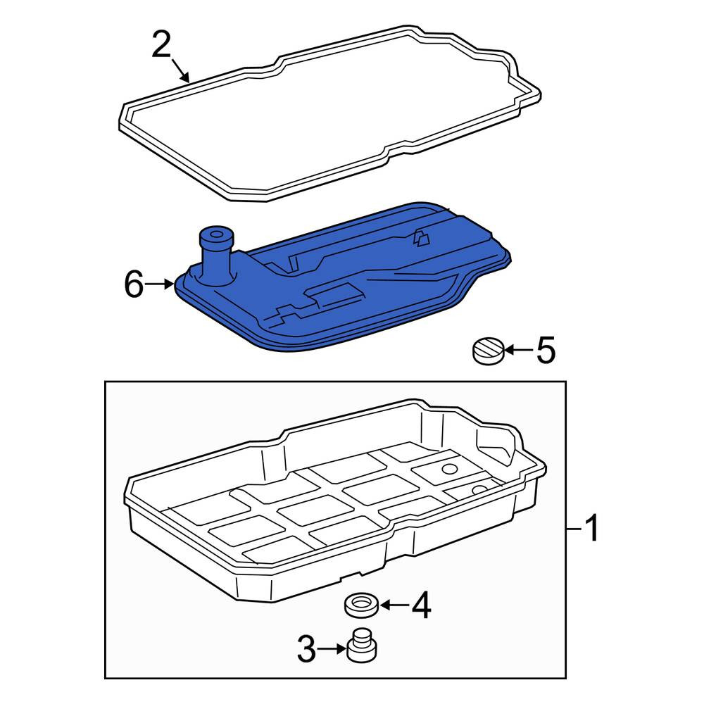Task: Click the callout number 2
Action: [162, 45]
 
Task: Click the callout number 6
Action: [134, 284]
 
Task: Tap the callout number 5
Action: [546, 350]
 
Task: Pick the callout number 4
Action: [421, 605]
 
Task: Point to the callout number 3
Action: [307, 648]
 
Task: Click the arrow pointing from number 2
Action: [181, 71]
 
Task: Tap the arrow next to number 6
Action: [160, 284]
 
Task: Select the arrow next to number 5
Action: [519, 349]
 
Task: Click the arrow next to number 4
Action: [394, 605]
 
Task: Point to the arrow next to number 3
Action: [333, 648]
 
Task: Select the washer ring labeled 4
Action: [361, 605]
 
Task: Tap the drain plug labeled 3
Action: [362, 645]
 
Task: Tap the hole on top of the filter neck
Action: [216, 234]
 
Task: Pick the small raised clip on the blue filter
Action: [421, 238]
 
